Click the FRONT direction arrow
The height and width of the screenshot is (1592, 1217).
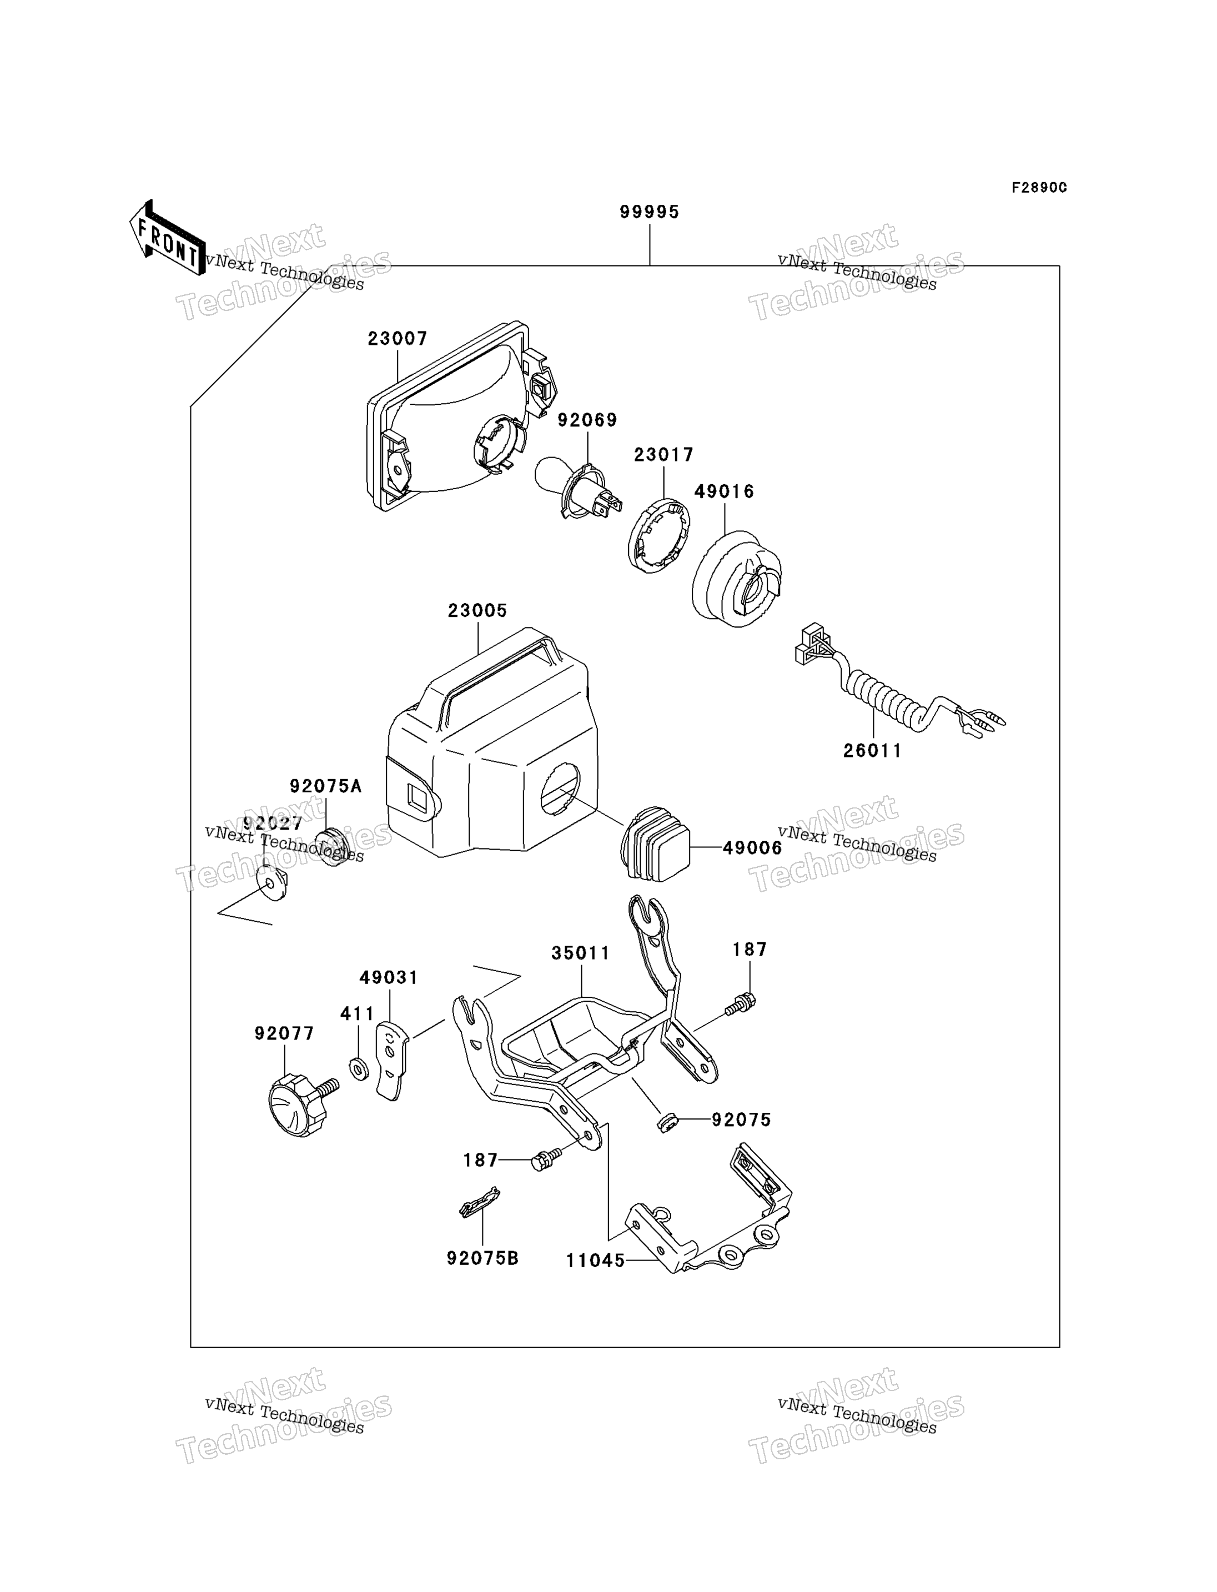pos(167,238)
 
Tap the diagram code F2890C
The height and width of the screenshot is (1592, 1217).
pos(1039,188)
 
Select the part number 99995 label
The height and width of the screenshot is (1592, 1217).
pos(649,212)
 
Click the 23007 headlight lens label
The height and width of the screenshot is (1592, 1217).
pos(398,338)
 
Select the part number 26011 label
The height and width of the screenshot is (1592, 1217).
pos(873,751)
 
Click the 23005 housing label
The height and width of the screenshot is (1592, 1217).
pos(477,610)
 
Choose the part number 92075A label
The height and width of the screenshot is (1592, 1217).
pos(325,786)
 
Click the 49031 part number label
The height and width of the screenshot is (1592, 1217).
pos(389,977)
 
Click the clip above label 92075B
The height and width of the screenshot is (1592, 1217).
pos(480,1205)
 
